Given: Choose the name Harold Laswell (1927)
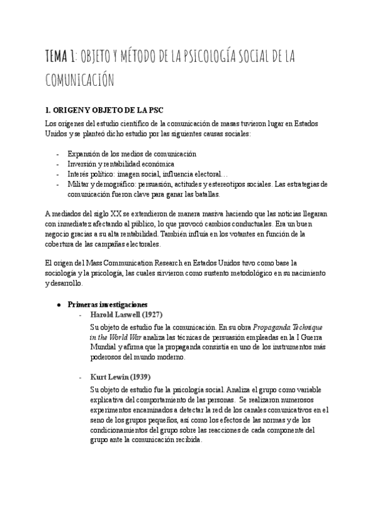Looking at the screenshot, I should click(127, 314).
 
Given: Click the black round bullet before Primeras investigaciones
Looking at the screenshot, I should click(58, 304).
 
